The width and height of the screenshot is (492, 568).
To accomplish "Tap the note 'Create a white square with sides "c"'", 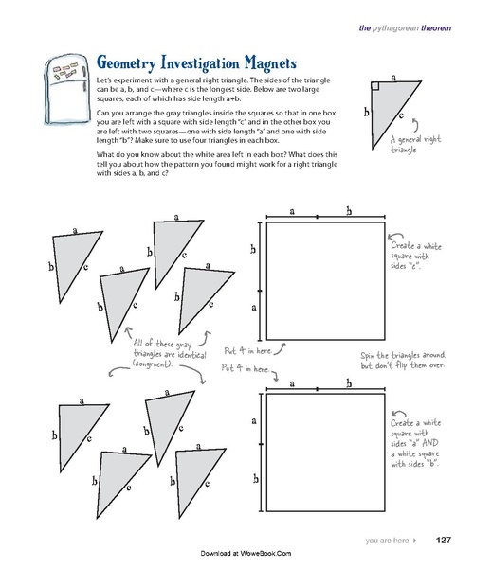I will point(412,255).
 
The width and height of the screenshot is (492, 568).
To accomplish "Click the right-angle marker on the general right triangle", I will point(375,86).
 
